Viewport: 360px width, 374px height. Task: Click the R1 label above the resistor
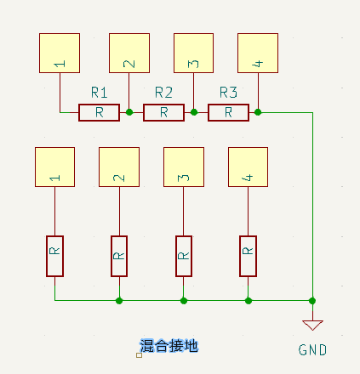99,93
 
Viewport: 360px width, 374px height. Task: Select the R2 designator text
163,93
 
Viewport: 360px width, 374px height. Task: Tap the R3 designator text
228,93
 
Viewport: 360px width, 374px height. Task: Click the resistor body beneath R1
99,111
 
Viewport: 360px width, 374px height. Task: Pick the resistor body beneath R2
163,111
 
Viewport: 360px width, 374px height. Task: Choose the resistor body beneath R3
228,111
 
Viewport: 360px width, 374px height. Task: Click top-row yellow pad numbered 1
60,54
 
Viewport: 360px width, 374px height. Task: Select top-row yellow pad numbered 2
129,54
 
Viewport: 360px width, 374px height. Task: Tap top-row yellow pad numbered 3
193,54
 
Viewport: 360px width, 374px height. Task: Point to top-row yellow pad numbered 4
257,54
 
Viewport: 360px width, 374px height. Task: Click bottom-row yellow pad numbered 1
55,167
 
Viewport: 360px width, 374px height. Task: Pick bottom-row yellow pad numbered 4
248,167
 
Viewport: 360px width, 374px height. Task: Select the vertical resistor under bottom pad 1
55,256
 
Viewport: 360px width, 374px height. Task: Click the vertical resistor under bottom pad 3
184,256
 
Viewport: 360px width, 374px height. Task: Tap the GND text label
312,350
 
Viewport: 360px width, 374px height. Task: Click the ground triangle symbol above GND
312,325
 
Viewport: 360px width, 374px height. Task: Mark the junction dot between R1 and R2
129,111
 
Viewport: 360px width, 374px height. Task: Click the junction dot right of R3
257,111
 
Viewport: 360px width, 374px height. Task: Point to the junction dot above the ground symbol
312,300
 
